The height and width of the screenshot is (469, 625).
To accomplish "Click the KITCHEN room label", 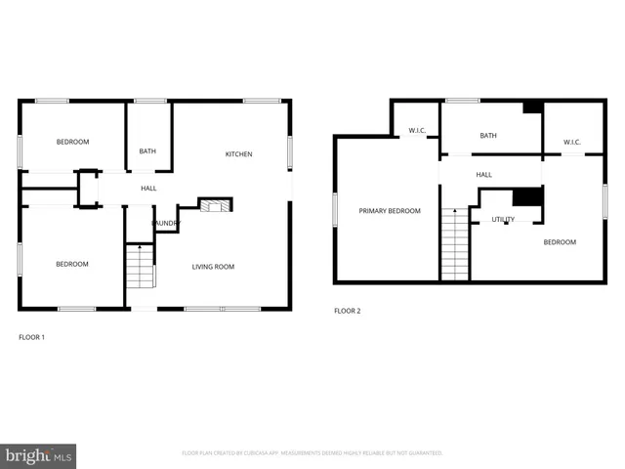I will pos(239,154).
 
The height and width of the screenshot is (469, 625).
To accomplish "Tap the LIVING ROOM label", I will pos(213,267).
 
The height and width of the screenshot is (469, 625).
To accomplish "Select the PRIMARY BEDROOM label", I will pos(390,211).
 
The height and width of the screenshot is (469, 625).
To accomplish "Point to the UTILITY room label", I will pos(503,220).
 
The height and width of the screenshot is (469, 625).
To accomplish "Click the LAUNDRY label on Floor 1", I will pos(166,224).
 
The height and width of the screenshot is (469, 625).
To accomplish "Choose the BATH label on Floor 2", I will pos(488,136).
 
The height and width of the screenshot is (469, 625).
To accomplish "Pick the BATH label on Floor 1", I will pos(147,151).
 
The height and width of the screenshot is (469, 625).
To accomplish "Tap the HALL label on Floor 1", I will pos(148,189).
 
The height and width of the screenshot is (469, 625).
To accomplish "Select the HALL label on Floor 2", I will pos(484,175).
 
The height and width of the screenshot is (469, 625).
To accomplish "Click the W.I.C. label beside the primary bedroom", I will pos(417,129).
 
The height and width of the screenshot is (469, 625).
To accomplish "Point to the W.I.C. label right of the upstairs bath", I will pos(572,143).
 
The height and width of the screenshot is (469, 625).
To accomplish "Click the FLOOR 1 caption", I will pos(32,337).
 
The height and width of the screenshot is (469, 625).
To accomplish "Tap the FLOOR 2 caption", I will pos(348,311).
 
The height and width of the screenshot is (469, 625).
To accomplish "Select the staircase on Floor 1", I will pos(141,267).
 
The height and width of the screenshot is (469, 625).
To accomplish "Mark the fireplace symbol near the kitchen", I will pos(215,204).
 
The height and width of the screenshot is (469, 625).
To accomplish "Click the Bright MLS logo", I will pos(39,455).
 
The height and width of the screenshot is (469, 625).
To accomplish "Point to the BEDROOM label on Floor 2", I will pos(560,242).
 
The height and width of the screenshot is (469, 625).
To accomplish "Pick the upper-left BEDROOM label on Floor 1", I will pos(72,143).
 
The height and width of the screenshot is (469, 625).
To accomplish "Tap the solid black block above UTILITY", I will pos(527,195).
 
